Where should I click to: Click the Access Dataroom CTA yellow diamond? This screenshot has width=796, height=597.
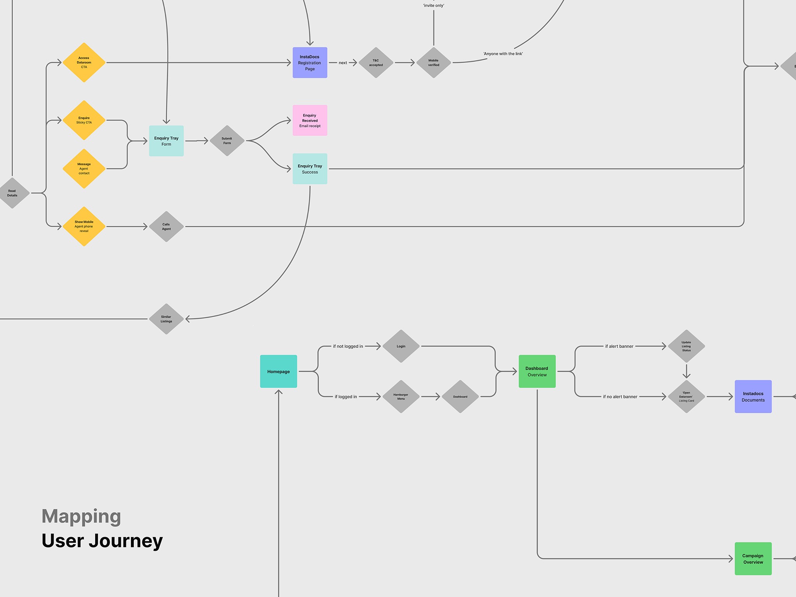click(84, 63)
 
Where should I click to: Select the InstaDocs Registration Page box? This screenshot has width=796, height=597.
click(310, 63)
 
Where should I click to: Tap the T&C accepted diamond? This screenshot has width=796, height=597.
click(376, 63)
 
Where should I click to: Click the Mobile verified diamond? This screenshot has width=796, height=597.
click(433, 63)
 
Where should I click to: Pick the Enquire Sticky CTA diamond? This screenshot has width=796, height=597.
click(84, 120)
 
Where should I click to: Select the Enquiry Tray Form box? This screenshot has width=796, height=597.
click(166, 141)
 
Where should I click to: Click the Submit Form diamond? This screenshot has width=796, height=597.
click(227, 141)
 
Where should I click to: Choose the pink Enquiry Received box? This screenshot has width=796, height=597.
click(310, 120)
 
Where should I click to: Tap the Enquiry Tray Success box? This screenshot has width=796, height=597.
click(310, 169)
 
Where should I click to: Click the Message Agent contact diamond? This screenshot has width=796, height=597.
click(84, 169)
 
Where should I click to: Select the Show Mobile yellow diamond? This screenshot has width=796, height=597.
click(84, 226)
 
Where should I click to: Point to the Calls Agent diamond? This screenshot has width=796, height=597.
click(166, 227)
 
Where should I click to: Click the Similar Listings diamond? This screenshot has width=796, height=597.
click(166, 319)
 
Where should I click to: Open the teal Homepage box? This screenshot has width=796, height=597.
click(279, 372)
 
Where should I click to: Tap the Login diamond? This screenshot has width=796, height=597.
click(401, 346)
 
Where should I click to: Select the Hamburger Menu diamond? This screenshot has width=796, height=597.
click(401, 397)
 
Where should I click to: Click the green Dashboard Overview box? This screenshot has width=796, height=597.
click(537, 372)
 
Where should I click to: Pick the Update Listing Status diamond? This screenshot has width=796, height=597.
click(686, 346)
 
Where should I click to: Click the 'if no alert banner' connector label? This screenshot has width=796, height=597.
click(620, 397)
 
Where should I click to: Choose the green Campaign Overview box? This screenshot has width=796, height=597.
click(753, 559)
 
